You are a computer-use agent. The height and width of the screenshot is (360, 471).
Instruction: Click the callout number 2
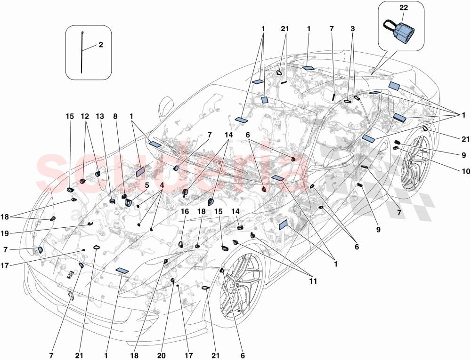[x=100, y=45]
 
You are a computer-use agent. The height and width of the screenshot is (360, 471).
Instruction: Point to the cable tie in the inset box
[x=82, y=52]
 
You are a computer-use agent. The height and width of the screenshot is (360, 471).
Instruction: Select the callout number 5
[x=147, y=185]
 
